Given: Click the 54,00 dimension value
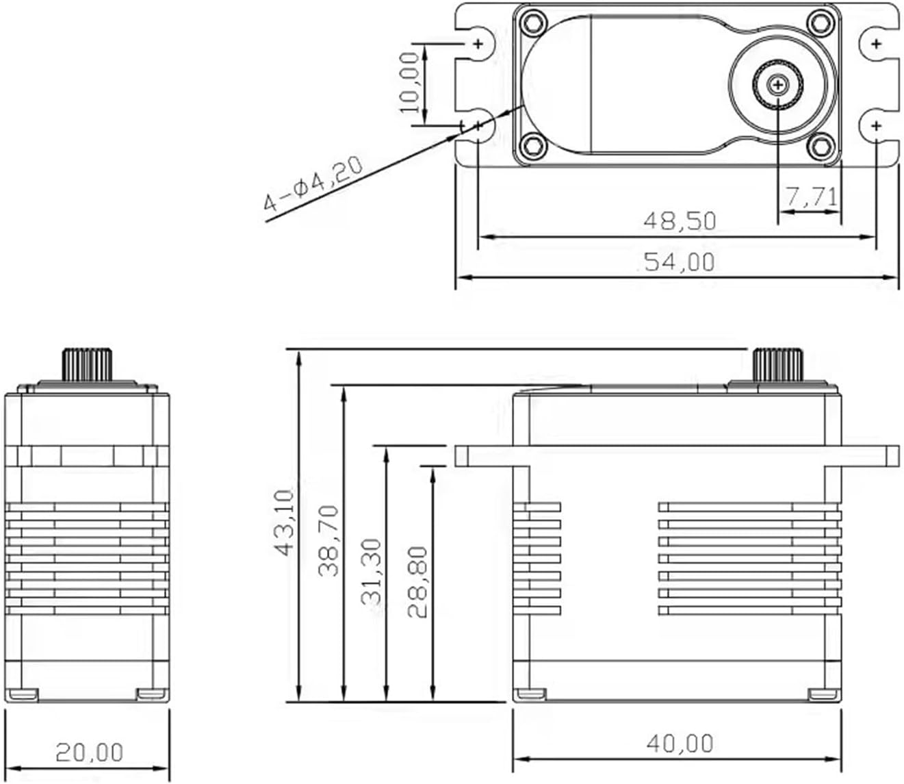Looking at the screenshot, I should (679, 262).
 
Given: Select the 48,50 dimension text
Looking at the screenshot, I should (679, 220).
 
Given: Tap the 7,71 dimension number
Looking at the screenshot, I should (811, 197).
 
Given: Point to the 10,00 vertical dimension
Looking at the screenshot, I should (410, 82).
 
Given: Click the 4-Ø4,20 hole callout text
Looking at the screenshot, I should (314, 183).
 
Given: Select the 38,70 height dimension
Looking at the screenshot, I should (329, 540).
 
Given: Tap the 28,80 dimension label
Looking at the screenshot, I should (418, 582).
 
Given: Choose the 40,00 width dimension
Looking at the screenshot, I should (679, 743).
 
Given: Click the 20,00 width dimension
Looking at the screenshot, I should (89, 753).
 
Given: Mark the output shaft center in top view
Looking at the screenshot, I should (778, 85).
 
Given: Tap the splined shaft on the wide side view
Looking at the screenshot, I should (778, 365).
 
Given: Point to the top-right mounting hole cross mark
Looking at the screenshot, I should (877, 44).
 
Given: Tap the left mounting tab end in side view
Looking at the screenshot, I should (462, 456).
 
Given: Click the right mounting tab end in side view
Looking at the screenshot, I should (892, 456).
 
